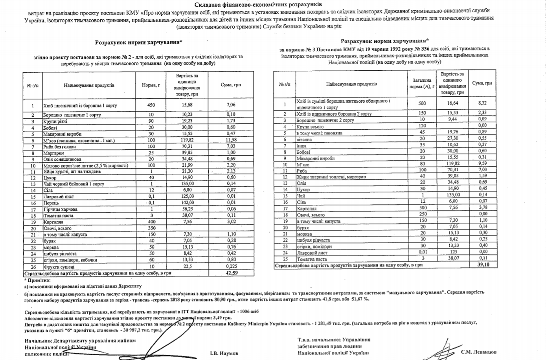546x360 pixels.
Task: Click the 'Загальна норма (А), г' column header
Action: pyautogui.click(x=422, y=83)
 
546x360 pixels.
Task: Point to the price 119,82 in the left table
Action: pyautogui.click(x=187, y=140)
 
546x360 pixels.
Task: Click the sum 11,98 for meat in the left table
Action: pyautogui.click(x=231, y=140)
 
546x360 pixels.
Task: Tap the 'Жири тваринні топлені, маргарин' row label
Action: pyautogui.click(x=331, y=176)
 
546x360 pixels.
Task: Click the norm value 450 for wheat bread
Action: pyautogui.click(x=151, y=105)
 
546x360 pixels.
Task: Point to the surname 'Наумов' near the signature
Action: pyautogui.click(x=224, y=353)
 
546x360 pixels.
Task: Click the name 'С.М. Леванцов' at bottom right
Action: pyautogui.click(x=478, y=352)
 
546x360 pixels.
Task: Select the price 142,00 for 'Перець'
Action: pyautogui.click(x=187, y=203)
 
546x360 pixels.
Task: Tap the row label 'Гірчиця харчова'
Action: pyautogui.click(x=60, y=209)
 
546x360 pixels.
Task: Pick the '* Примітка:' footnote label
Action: pyautogui.click(x=37, y=280)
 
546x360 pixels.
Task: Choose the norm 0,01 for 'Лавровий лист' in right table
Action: pyautogui.click(x=422, y=253)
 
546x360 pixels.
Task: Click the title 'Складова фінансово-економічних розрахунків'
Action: pyautogui.click(x=258, y=5)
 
